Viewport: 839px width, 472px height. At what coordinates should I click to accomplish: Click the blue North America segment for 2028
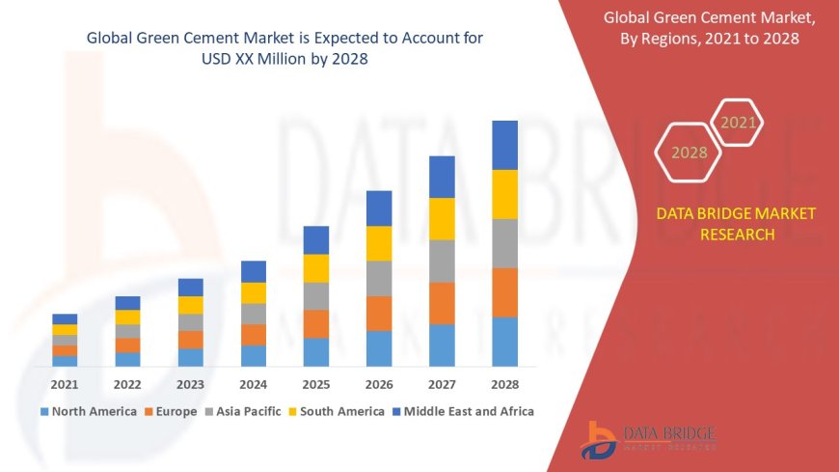tap(505, 342)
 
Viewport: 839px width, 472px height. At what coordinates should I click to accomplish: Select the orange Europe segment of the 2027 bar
tap(442, 303)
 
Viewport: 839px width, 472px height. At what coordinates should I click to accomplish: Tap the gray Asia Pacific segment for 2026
tap(379, 278)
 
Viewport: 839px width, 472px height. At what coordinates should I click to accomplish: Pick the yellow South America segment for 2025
tap(316, 268)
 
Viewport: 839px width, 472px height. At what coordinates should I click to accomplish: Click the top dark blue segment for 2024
tap(254, 271)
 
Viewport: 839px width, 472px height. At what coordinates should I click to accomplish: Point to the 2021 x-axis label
tap(65, 384)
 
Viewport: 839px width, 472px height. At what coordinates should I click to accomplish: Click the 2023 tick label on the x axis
tap(191, 384)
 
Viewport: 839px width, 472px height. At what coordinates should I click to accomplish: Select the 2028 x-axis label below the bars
tap(505, 384)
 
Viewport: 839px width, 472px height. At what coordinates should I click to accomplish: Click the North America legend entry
tap(88, 411)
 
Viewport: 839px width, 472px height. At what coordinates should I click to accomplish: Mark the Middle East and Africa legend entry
tap(462, 411)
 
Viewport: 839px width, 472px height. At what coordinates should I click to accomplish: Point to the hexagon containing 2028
tap(689, 152)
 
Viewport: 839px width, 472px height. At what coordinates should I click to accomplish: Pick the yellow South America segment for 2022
tap(127, 318)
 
